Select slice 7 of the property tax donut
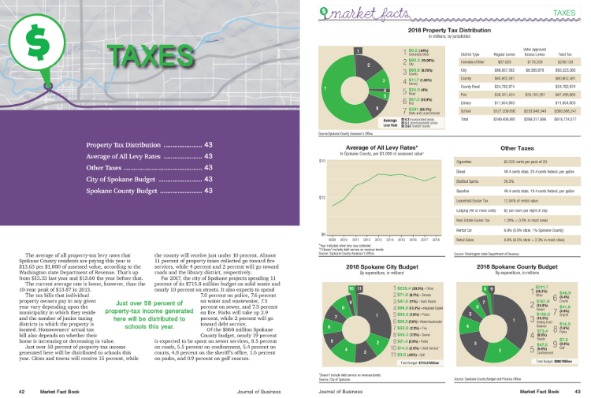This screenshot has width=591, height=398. [325, 86]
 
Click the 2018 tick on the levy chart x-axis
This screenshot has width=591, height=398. [436, 237]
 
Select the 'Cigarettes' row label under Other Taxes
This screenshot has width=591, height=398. [470, 161]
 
